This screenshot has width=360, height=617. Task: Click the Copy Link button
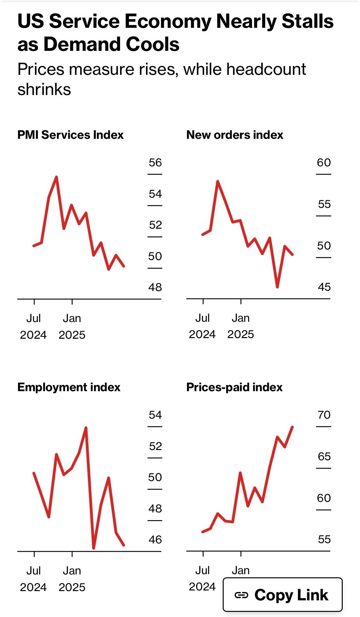[283, 595]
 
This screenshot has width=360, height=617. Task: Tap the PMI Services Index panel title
[70, 135]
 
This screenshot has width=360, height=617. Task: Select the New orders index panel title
[235, 135]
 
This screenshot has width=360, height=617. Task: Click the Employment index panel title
[69, 387]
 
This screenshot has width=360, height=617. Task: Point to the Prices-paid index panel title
[234, 387]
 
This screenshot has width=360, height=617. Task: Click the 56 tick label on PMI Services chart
[155, 163]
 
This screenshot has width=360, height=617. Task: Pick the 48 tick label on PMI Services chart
[155, 287]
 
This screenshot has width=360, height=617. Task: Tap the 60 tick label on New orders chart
[324, 163]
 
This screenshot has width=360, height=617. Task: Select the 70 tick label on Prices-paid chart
[324, 415]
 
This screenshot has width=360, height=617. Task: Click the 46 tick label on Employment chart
[155, 540]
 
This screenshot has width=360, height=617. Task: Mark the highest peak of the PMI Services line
[56, 177]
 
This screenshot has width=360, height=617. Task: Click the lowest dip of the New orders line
[277, 287]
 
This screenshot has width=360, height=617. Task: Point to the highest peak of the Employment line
[86, 428]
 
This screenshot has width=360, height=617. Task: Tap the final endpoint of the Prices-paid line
[292, 427]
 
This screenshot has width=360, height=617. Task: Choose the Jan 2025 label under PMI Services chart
[72, 327]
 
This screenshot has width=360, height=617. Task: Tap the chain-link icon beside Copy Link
[241, 595]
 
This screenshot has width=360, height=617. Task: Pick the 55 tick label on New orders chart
[324, 204]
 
